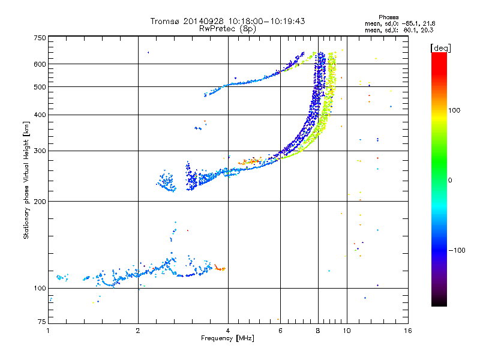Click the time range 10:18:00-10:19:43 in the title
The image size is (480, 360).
[266, 21]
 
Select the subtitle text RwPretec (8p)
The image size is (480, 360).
[227, 29]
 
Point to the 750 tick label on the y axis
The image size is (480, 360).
[40, 38]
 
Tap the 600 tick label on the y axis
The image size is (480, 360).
[40, 64]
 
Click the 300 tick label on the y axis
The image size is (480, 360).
[40, 151]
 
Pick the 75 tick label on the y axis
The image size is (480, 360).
[42, 322]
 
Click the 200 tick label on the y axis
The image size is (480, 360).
[40, 202]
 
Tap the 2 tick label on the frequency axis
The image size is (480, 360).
[138, 331]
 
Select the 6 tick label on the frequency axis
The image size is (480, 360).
[280, 331]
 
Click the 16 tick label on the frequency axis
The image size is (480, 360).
[408, 331]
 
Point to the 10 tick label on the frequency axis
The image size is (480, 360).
[347, 331]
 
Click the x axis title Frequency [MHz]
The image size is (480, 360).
[228, 338]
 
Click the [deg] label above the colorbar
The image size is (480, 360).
[440, 48]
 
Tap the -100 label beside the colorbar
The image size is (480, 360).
[457, 250]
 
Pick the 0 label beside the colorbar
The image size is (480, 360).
[450, 181]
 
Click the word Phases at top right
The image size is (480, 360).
[388, 17]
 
